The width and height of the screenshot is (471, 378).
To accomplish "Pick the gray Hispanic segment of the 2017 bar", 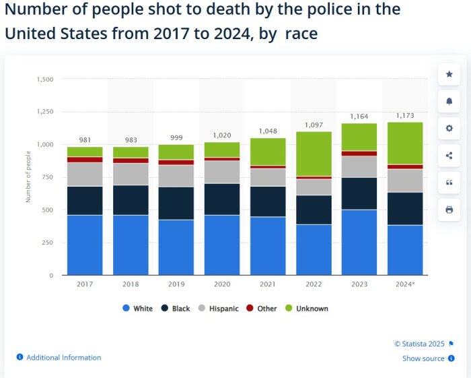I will pos(85,174).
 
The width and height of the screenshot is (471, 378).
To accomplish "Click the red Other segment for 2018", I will pos(131,160).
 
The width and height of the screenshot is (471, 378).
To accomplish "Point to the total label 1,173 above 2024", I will pos(405,115).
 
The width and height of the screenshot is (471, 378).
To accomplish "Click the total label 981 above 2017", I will pos(85,140).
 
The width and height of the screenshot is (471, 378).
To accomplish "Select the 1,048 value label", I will pos(268,131).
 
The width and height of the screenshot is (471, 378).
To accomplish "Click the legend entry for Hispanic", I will pos(219,309).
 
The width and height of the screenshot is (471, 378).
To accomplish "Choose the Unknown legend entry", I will pos(307,309).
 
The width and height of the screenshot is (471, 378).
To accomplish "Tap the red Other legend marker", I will pos(250,309).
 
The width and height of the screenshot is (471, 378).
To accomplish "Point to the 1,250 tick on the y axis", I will pos(44,112).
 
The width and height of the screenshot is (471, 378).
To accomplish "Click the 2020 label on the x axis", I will pos(222,284).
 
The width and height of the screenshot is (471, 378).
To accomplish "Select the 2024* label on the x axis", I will pos(405,284).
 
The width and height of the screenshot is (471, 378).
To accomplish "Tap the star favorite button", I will pos(449,74).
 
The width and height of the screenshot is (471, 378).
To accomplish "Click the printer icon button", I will pos(449,210).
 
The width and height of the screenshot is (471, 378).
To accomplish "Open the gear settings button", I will pos(449,128).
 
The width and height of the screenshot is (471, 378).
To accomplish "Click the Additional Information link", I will pos(63,358).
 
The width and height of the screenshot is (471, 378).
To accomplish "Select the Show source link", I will pos(423,358).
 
